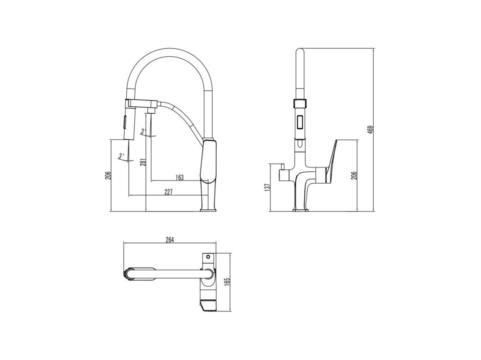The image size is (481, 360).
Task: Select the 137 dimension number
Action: point(267,187)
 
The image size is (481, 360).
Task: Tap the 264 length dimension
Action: point(169,240)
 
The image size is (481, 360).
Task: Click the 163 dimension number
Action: point(179,177)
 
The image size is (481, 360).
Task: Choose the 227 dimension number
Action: point(169,192)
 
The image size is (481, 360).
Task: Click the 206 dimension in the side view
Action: point(107,175)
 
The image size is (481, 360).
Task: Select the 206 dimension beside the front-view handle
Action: point(354,175)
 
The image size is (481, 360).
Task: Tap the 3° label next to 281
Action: point(142,132)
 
